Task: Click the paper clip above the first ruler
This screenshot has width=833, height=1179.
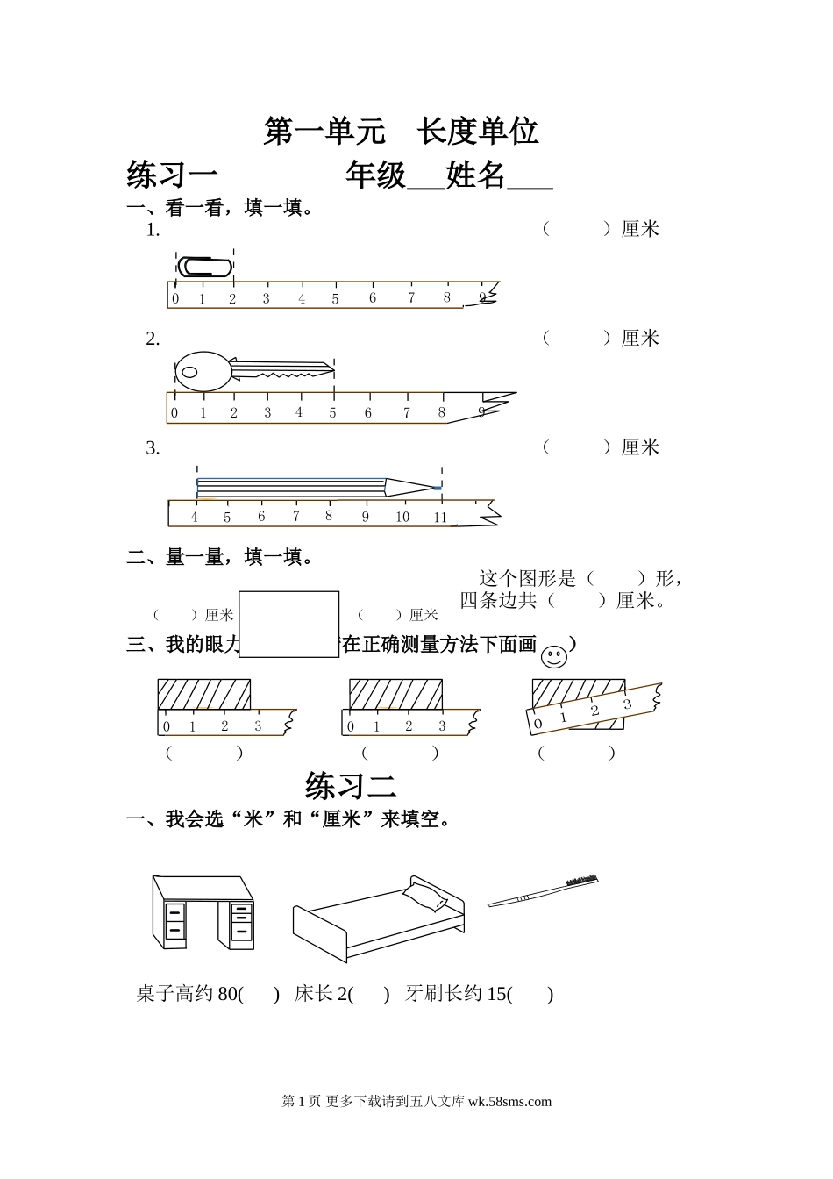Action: click(205, 267)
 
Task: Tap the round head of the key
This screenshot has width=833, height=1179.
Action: click(203, 371)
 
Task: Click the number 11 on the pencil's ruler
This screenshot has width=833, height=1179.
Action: click(440, 517)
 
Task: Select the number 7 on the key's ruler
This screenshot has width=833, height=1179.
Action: click(407, 412)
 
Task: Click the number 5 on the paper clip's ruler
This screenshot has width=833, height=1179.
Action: click(335, 299)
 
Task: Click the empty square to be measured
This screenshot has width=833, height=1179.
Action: click(288, 624)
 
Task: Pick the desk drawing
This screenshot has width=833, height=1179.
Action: click(203, 912)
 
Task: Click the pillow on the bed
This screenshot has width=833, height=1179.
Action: click(424, 896)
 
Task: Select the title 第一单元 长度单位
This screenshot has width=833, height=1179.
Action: click(401, 132)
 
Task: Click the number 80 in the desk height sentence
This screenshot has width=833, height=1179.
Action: click(227, 994)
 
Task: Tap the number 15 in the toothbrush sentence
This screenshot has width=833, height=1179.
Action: click(496, 994)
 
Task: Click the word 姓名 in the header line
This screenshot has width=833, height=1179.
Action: click(475, 175)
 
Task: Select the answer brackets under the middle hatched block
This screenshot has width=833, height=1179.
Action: click(400, 753)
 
